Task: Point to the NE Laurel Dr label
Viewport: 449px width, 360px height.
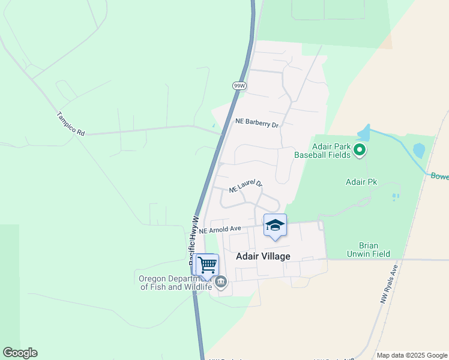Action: (x=246, y=186)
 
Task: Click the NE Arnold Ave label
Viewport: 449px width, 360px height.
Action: (x=220, y=229)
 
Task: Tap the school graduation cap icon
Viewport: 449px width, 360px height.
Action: (x=275, y=226)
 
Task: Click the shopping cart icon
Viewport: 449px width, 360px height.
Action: (x=207, y=265)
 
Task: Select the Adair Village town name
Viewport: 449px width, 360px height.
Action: (x=263, y=256)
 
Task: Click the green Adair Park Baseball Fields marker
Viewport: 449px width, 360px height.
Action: (x=360, y=149)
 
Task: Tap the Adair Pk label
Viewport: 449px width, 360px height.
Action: (x=360, y=181)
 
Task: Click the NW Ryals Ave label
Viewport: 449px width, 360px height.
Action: (x=389, y=284)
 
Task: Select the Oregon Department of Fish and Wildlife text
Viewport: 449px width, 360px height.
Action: (x=175, y=283)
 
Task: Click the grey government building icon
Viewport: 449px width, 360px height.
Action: (x=221, y=282)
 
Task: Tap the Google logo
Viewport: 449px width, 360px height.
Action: (x=20, y=353)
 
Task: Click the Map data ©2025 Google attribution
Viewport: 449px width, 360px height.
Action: (x=412, y=355)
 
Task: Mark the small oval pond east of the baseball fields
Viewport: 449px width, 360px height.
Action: (x=419, y=150)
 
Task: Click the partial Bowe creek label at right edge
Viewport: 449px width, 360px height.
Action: (x=439, y=176)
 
